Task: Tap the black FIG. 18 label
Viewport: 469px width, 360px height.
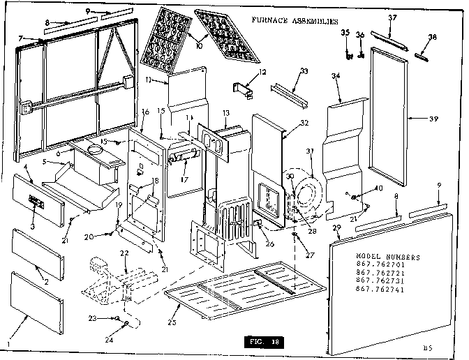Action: (x=265, y=343)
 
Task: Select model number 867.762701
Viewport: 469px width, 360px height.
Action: (x=378, y=264)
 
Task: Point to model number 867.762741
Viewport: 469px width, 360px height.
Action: (x=378, y=287)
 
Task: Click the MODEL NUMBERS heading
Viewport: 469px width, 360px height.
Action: (x=378, y=257)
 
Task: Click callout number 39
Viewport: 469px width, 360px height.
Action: (x=433, y=119)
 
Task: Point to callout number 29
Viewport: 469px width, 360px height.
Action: (x=336, y=229)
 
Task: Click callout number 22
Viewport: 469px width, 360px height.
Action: (x=124, y=252)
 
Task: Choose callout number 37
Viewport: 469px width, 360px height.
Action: (x=412, y=17)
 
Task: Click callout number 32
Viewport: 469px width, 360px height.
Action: (x=303, y=123)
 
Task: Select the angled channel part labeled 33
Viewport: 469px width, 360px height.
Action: (x=289, y=93)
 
